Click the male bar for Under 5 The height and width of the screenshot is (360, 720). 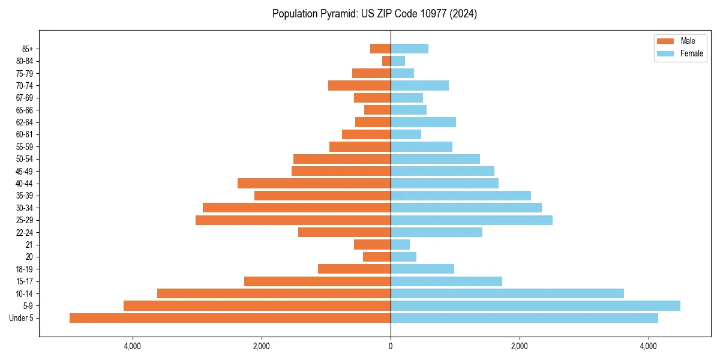click(230, 318)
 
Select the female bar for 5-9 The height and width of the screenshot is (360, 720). click(535, 305)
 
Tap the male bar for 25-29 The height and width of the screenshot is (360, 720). click(293, 220)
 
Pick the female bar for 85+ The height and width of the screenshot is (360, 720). click(409, 49)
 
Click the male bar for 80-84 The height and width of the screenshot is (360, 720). click(386, 61)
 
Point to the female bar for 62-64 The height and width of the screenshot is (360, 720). click(423, 122)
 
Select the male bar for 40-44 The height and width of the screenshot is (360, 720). click(314, 183)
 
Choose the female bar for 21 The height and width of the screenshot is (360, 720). click(400, 244)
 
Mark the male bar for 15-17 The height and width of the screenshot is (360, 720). click(317, 281)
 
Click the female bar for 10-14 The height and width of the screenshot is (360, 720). click(507, 293)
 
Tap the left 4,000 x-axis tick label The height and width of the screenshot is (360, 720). click(132, 346)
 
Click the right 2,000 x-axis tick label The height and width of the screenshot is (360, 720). click(520, 346)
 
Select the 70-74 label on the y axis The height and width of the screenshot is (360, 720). click(25, 85)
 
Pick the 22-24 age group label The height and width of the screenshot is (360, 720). click(25, 232)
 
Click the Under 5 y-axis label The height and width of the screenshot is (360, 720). click(21, 318)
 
